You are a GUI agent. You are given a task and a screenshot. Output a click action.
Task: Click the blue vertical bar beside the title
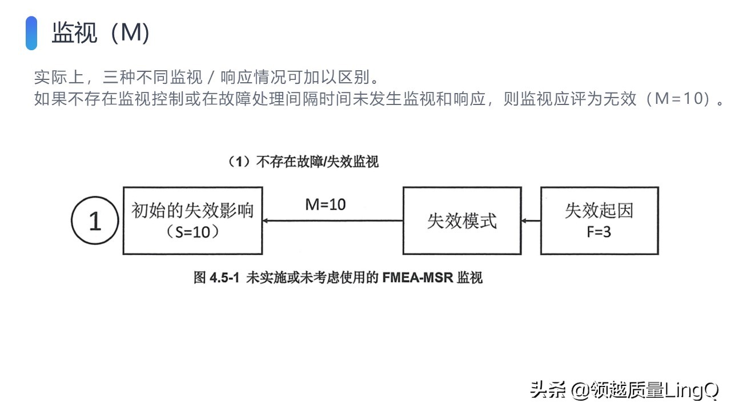pos(31,33)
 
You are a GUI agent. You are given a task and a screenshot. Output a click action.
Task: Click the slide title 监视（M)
pos(101,33)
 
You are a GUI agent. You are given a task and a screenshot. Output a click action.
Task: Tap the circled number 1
pos(95,220)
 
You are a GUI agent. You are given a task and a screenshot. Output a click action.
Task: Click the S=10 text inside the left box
pos(192,232)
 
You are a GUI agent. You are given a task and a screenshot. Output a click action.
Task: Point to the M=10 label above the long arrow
pos(326,204)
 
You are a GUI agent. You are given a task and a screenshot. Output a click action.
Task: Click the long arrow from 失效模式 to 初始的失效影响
pos(333,221)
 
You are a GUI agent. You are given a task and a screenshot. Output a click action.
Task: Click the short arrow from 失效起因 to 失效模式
pos(531,221)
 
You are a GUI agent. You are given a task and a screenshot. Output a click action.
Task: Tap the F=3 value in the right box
pos(599,232)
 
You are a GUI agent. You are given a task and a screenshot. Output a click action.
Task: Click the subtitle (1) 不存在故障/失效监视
pos(303,162)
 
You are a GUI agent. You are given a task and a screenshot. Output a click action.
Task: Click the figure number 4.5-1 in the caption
pos(224,278)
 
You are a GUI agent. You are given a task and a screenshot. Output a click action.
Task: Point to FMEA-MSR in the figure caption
pos(417,278)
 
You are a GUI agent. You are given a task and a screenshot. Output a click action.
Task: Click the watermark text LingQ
pos(691,390)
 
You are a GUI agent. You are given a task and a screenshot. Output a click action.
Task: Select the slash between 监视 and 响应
pos(211,77)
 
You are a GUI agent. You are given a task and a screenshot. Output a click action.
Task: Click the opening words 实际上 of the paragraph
pos(59,77)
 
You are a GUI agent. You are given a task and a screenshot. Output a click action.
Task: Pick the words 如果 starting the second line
pos(51,99)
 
